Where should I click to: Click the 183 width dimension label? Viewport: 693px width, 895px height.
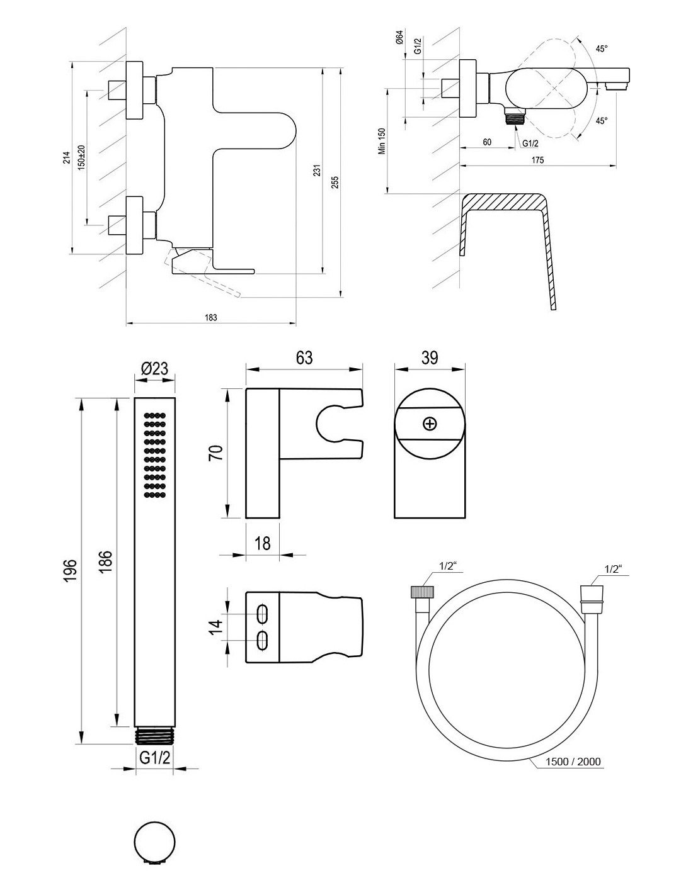(x=210, y=318)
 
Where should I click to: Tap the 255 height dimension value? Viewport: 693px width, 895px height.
(x=335, y=181)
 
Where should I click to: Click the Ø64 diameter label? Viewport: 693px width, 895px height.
(x=399, y=39)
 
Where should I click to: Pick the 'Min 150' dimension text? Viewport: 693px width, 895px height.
(x=381, y=142)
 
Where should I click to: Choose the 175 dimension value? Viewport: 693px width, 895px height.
(x=537, y=160)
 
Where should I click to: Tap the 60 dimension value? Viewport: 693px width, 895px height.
(x=487, y=142)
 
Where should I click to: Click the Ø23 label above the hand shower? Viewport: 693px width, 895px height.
(x=155, y=368)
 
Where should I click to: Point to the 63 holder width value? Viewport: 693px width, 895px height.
(x=304, y=357)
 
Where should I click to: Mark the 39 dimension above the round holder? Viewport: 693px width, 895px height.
(x=429, y=357)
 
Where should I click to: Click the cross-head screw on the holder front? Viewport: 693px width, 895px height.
(x=430, y=424)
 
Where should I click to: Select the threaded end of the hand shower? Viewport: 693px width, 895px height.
(x=154, y=735)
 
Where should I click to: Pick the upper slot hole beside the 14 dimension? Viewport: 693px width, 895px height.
(x=263, y=614)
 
